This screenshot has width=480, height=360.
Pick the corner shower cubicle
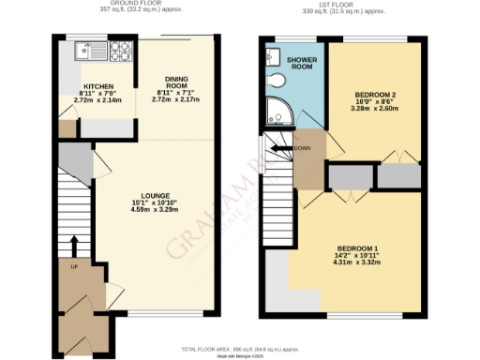(277, 111)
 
